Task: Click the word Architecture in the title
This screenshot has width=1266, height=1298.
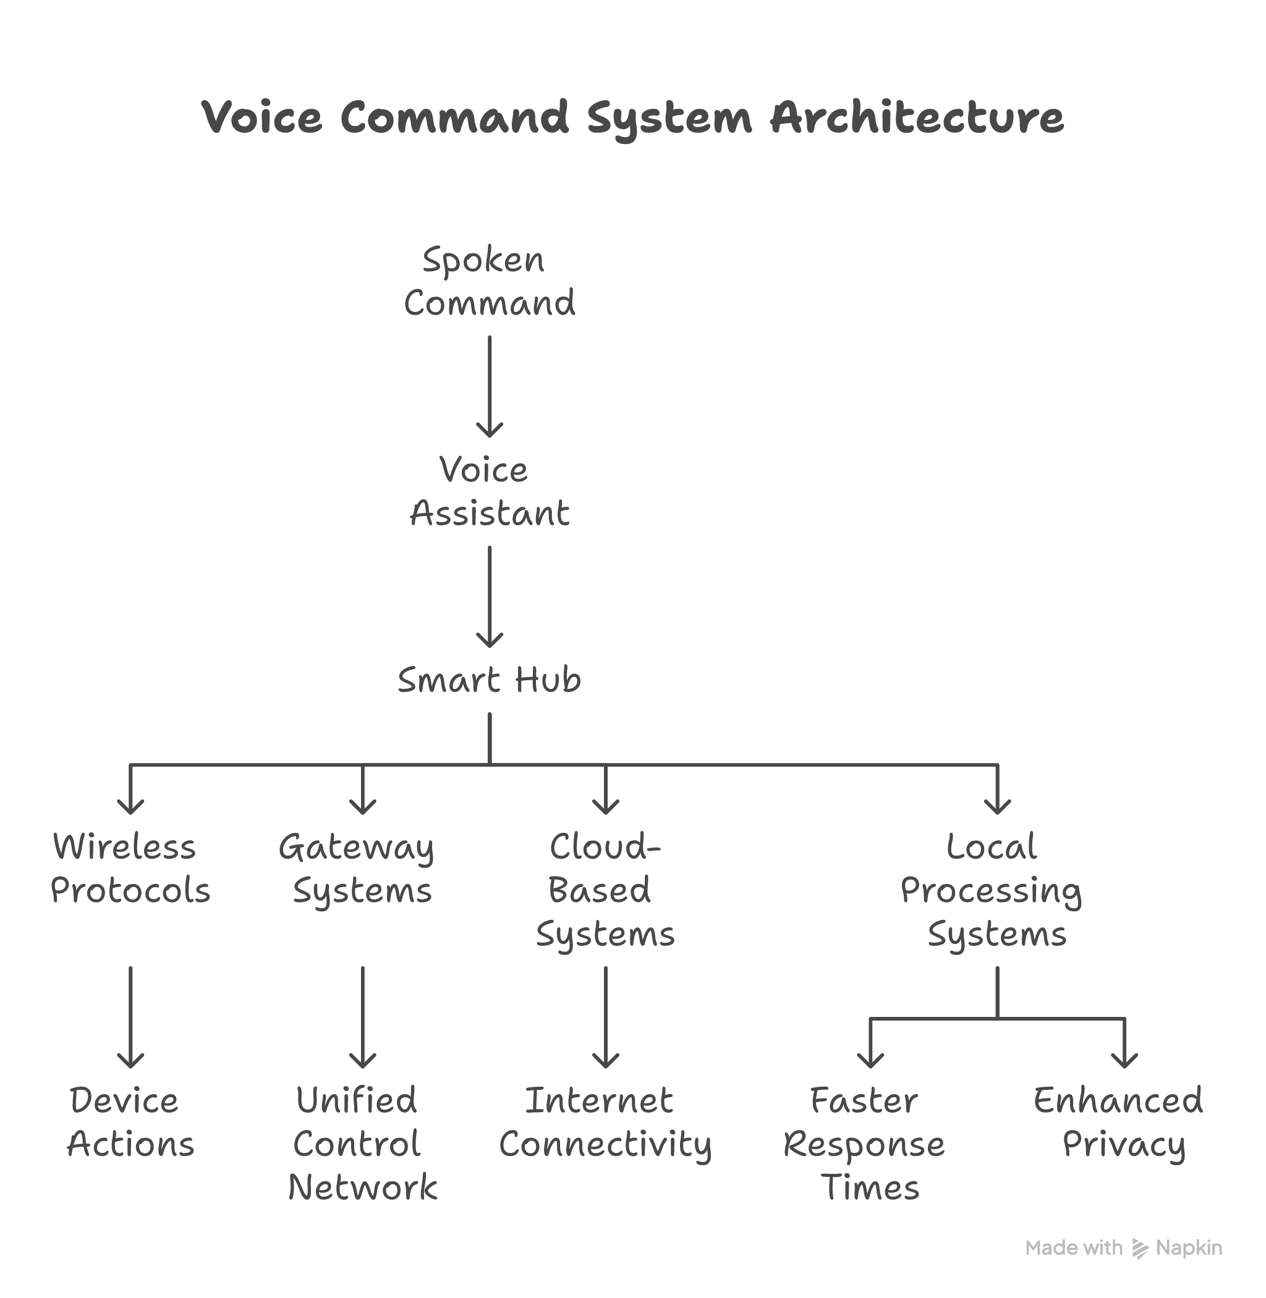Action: [x=916, y=118]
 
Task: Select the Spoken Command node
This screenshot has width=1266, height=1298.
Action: [x=490, y=281]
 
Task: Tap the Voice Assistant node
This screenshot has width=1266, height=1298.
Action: [x=490, y=492]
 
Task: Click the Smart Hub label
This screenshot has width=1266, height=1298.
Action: [x=490, y=681]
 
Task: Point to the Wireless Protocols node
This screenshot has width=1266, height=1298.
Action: [x=130, y=869]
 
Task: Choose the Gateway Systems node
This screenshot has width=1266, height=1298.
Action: [x=362, y=869]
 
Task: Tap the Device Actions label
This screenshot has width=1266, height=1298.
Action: [x=130, y=1123]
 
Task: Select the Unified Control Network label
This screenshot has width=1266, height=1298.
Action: [x=362, y=1144]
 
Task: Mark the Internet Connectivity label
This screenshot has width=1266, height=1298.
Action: [x=605, y=1123]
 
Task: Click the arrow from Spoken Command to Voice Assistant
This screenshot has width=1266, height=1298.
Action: [x=490, y=386]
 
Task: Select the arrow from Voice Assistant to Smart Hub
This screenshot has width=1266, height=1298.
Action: [x=490, y=596]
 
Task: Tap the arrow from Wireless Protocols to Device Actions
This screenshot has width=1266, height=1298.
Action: [x=130, y=1017]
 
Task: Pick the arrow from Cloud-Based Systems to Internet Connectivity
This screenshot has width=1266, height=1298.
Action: [x=605, y=1017]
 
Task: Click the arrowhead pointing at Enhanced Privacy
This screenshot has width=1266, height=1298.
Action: [x=1124, y=1061]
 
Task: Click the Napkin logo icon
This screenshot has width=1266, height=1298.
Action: [x=1141, y=1249]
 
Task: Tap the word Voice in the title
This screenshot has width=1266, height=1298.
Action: [x=262, y=118]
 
